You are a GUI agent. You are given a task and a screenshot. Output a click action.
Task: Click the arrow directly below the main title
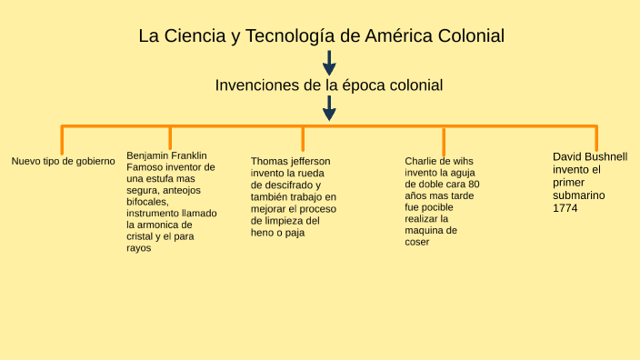[329, 63]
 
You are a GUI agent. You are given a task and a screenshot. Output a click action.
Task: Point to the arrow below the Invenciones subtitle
[329, 108]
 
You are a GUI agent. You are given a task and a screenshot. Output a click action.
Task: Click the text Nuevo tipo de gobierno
[63, 162]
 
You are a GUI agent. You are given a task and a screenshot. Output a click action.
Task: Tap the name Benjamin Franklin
[166, 155]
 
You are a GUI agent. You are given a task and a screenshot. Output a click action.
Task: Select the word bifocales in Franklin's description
[147, 202]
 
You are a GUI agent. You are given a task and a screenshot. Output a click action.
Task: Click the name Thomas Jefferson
[291, 162]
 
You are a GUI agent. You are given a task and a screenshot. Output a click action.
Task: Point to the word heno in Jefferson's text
[263, 233]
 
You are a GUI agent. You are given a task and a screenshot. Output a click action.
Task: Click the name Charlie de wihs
[439, 161]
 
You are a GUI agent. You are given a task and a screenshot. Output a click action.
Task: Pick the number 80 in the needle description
[473, 184]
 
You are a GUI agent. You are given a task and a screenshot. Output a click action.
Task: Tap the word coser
[417, 242]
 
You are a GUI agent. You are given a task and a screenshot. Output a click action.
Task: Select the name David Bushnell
[590, 156]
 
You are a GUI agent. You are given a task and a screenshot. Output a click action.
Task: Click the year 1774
[565, 208]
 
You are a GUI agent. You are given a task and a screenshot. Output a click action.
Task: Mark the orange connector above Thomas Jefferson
[303, 137]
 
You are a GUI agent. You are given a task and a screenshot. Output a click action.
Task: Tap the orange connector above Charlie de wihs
[444, 141]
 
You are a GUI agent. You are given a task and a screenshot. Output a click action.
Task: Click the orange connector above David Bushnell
[596, 137]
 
